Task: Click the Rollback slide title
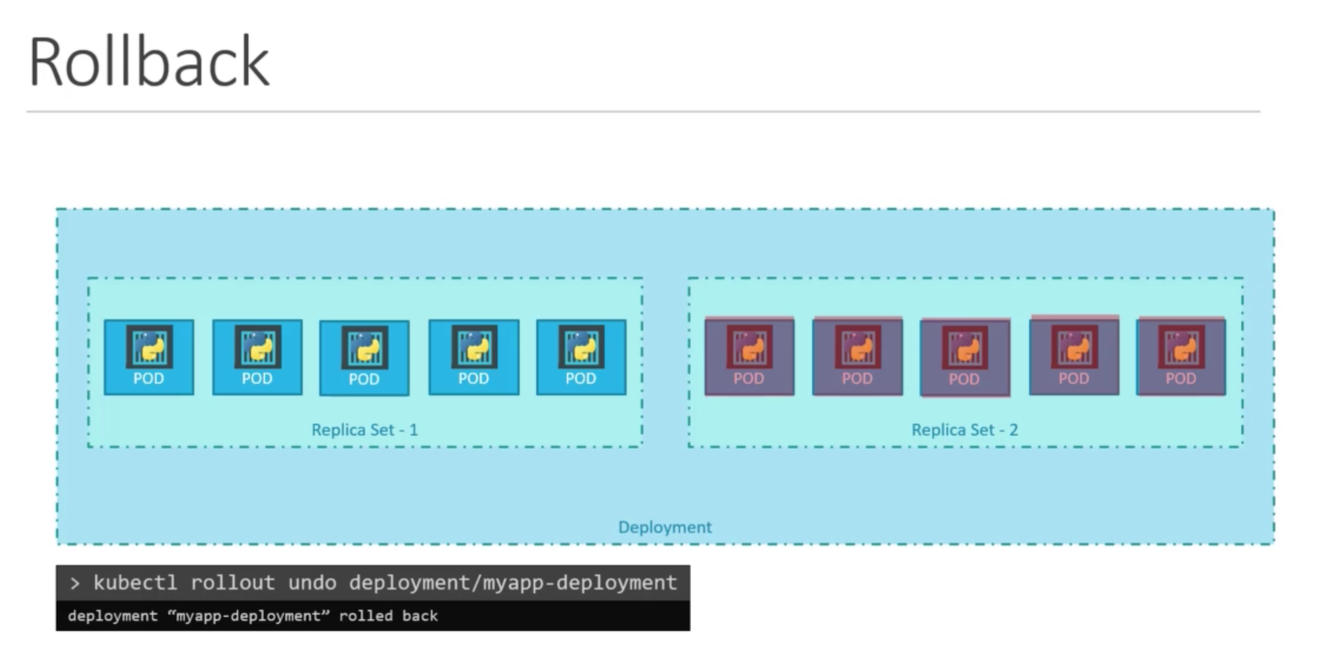pyautogui.click(x=149, y=63)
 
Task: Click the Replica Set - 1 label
pyautogui.click(x=365, y=429)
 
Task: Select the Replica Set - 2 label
pyautogui.click(x=964, y=429)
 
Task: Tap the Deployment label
pyautogui.click(x=665, y=527)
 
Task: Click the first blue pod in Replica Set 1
pyautogui.click(x=149, y=357)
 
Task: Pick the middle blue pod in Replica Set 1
pyautogui.click(x=364, y=358)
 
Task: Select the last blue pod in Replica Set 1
pyautogui.click(x=581, y=357)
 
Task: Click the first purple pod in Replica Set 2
pyautogui.click(x=749, y=357)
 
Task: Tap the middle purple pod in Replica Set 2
pyautogui.click(x=965, y=358)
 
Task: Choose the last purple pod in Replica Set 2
pyautogui.click(x=1181, y=357)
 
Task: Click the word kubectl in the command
pyautogui.click(x=135, y=583)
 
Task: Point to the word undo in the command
pyautogui.click(x=312, y=583)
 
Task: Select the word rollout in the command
pyautogui.click(x=232, y=583)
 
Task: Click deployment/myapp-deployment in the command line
pyautogui.click(x=512, y=583)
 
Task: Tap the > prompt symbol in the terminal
pyautogui.click(x=74, y=583)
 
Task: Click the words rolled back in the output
pyautogui.click(x=388, y=616)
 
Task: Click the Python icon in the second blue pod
pyautogui.click(x=258, y=347)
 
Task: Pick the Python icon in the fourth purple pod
pyautogui.click(x=1074, y=347)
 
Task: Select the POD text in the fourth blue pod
pyautogui.click(x=473, y=378)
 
